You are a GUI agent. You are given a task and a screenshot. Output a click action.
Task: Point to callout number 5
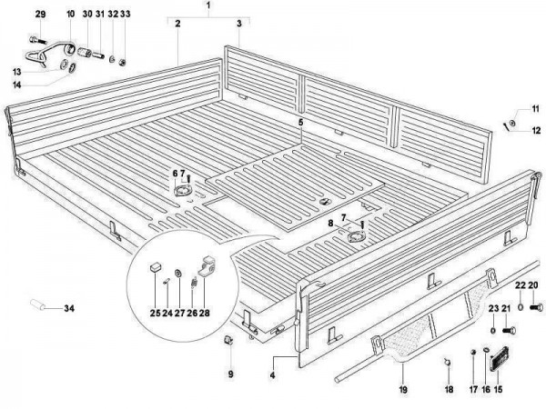click(x=299, y=121)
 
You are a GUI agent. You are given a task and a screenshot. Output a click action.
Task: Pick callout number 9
click(x=230, y=374)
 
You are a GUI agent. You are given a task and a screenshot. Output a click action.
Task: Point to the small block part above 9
click(x=230, y=341)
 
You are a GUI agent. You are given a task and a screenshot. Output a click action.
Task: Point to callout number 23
click(x=492, y=309)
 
